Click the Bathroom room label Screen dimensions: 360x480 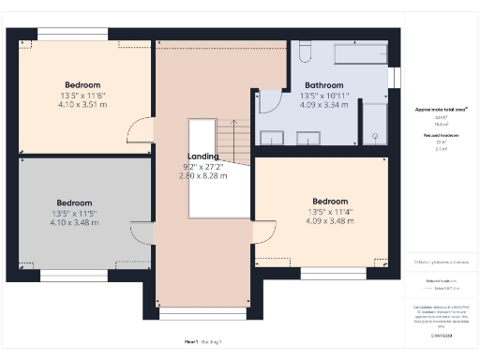(x=323, y=83)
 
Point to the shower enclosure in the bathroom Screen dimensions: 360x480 (x=374, y=124)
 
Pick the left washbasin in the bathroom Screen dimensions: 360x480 (x=272, y=138)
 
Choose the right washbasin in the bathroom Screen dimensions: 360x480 (x=308, y=138)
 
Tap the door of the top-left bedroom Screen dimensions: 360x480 (x=140, y=129)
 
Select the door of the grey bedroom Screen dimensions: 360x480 (x=142, y=234)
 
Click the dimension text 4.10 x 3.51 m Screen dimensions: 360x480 (x=82, y=106)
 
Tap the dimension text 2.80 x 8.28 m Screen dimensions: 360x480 (x=204, y=175)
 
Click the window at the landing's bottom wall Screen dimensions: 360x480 (x=204, y=312)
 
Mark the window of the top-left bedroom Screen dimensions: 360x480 (x=72, y=36)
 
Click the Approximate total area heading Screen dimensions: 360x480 (x=442, y=110)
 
